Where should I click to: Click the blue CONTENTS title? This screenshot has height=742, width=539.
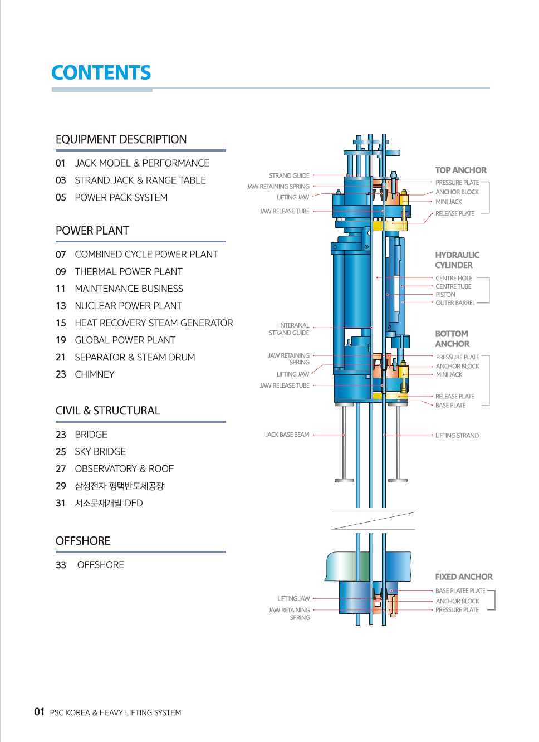pyautogui.click(x=101, y=72)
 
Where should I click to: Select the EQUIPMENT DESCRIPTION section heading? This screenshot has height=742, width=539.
pyautogui.click(x=121, y=139)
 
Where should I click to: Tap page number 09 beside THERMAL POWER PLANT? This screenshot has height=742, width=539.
pyautogui.click(x=61, y=272)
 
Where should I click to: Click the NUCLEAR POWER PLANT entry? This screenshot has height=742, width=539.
pyautogui.click(x=128, y=306)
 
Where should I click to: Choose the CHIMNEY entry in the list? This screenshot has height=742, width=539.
pyautogui.click(x=94, y=374)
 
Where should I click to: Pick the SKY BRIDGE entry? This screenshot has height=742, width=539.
pyautogui.click(x=100, y=451)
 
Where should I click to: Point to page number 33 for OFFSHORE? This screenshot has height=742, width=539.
pyautogui.click(x=61, y=565)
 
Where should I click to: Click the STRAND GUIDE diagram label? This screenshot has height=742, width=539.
pyautogui.click(x=289, y=175)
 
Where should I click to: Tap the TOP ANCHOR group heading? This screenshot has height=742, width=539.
pyautogui.click(x=460, y=170)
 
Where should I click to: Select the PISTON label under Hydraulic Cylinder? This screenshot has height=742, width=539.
pyautogui.click(x=445, y=295)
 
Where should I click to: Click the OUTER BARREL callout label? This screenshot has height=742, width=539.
pyautogui.click(x=455, y=303)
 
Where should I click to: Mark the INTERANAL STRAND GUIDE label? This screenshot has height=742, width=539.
pyautogui.click(x=289, y=329)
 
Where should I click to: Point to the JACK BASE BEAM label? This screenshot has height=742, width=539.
pyautogui.click(x=287, y=435)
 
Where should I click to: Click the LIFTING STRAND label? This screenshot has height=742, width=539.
pyautogui.click(x=457, y=435)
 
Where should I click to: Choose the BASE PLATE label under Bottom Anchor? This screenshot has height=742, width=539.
pyautogui.click(x=450, y=405)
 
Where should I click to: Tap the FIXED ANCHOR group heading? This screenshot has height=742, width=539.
pyautogui.click(x=463, y=577)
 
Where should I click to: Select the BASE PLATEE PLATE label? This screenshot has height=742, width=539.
pyautogui.click(x=460, y=590)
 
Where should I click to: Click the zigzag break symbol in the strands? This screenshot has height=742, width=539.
pyautogui.click(x=373, y=521)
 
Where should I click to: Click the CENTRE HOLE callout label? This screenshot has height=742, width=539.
pyautogui.click(x=454, y=278)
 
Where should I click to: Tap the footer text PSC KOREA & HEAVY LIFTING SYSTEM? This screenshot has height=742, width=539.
pyautogui.click(x=116, y=712)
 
